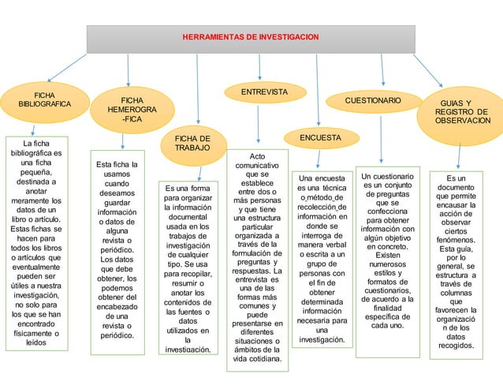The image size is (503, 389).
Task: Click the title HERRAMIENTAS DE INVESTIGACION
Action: pos(251,37)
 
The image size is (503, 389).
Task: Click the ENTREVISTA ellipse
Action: pos(263,93)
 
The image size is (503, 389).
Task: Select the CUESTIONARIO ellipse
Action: pos(373,102)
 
